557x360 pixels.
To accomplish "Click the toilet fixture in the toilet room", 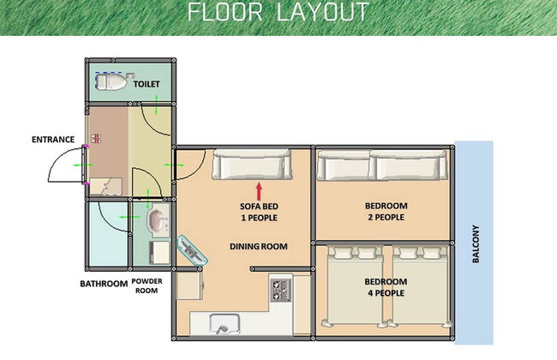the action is [x=111, y=81].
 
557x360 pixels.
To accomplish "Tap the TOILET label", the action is [x=147, y=84].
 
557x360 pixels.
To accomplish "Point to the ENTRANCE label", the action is [x=53, y=140].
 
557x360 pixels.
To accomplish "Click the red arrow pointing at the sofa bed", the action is [x=259, y=191].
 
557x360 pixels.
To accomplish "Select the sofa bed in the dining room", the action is [x=252, y=164].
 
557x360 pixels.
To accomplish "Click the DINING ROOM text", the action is [x=259, y=246].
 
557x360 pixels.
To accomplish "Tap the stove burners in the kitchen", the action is [x=280, y=290].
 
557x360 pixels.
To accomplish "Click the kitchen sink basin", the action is [x=225, y=324].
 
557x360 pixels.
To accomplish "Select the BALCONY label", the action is [x=476, y=243].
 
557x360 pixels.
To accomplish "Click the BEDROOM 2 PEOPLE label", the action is [x=386, y=212].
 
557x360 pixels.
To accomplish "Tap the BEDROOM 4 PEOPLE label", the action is [x=386, y=287].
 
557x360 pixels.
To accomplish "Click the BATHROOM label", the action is [x=104, y=284].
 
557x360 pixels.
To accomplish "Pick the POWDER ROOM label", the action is [x=147, y=285].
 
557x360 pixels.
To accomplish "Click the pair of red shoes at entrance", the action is [x=96, y=138].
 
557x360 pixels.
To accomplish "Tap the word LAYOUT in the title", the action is [x=322, y=12].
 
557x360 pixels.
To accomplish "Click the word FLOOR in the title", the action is [x=225, y=12].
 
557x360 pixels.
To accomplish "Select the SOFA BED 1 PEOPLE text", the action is [x=259, y=212].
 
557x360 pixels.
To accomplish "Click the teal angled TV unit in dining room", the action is [x=193, y=249].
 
